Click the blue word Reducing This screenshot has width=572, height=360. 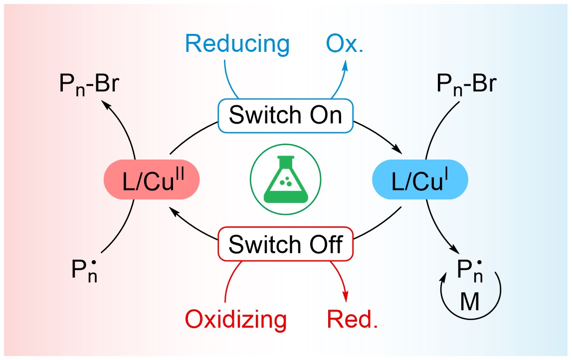(x=237, y=44)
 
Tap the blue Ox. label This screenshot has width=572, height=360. (x=345, y=44)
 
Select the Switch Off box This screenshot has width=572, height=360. (x=286, y=244)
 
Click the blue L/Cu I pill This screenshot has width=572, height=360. (x=420, y=181)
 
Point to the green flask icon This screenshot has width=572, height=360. (x=286, y=180)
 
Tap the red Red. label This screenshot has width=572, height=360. (x=352, y=319)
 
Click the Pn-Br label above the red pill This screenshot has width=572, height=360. (x=87, y=86)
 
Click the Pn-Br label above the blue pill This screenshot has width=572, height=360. (x=466, y=85)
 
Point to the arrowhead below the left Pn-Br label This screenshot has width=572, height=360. (x=105, y=103)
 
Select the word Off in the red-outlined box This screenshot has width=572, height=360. (x=327, y=244)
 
